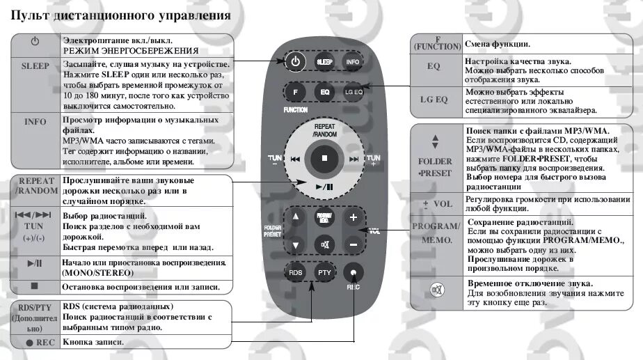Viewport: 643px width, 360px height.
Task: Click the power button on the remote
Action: [295, 61]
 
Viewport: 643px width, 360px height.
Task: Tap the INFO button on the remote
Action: [353, 61]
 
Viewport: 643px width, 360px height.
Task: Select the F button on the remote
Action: [295, 91]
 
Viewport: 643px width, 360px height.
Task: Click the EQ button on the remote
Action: [324, 91]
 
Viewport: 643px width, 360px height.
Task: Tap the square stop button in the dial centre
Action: [324, 158]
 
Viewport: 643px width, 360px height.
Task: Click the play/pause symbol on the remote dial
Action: [324, 186]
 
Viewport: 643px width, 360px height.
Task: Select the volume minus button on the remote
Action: [353, 244]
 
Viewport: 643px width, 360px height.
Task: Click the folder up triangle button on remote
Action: [296, 217]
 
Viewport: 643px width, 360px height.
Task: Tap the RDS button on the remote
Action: [295, 272]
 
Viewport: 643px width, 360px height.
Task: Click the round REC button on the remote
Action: [354, 272]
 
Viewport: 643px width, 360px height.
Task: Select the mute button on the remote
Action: [324, 244]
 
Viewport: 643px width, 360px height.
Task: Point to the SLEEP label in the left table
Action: [35, 66]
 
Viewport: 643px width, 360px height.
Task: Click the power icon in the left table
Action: [35, 42]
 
